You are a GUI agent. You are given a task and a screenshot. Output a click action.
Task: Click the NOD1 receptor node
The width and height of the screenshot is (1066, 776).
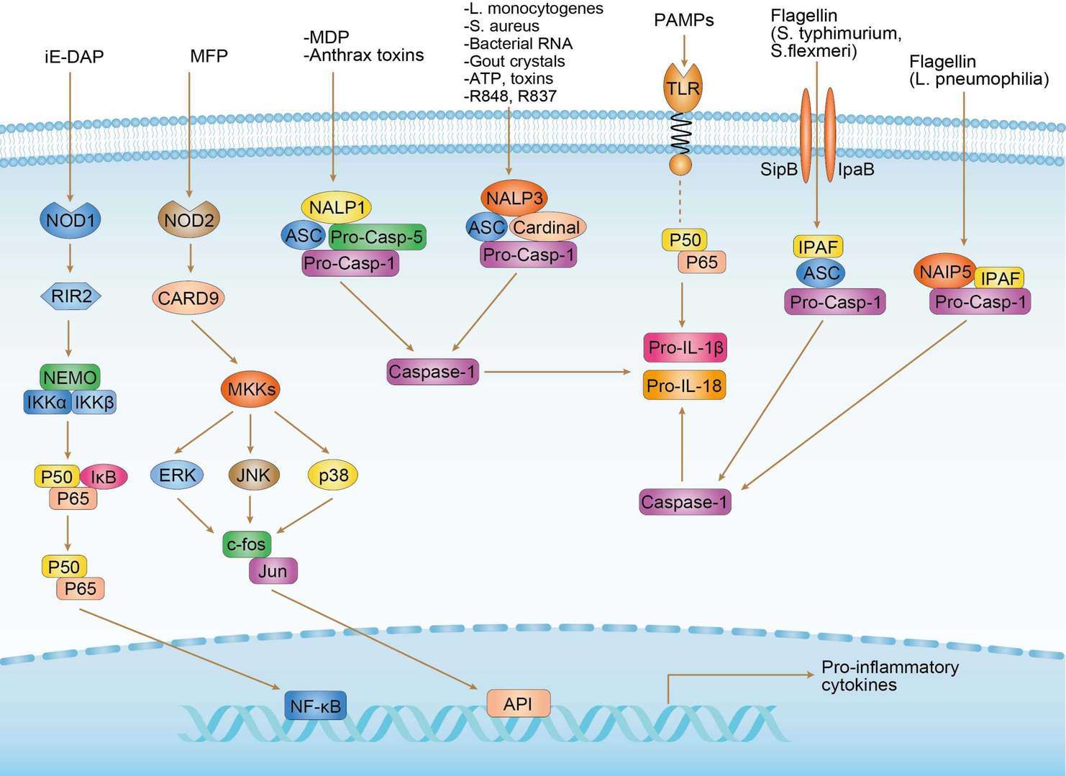(70, 219)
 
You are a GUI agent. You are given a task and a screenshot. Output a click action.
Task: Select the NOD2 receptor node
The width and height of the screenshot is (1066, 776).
(189, 219)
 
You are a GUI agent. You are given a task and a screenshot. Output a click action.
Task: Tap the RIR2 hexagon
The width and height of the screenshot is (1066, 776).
(70, 295)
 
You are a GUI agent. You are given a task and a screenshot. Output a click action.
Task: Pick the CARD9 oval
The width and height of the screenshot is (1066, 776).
(188, 298)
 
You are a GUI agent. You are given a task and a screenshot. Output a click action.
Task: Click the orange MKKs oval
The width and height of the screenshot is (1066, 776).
(250, 389)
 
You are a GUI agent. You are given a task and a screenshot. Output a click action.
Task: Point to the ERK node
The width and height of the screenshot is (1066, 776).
(177, 475)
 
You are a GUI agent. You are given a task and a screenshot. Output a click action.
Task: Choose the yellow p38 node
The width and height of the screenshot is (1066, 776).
(332, 475)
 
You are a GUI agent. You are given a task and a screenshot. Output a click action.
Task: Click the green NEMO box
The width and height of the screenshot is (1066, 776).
(69, 378)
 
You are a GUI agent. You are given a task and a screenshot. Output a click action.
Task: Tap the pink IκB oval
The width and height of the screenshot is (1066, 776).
(104, 477)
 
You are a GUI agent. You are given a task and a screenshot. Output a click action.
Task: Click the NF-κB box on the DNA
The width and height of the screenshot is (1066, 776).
(315, 706)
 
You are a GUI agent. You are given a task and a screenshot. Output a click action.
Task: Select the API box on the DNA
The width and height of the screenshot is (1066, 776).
(518, 703)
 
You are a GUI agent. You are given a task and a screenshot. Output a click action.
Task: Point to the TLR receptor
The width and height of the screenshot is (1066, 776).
(682, 88)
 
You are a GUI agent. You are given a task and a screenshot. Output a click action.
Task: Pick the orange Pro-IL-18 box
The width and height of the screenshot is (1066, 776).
(683, 385)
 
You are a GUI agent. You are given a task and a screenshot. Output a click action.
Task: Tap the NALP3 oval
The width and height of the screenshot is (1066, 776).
(514, 198)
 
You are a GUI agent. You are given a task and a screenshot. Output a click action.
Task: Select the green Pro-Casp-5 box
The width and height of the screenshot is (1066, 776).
(377, 237)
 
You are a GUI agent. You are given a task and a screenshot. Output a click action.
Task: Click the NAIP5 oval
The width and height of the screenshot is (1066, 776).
(945, 272)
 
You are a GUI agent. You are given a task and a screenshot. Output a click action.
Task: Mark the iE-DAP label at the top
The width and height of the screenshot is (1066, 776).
(73, 56)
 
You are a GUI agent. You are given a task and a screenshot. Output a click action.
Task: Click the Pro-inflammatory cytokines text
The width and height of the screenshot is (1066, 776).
(889, 675)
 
